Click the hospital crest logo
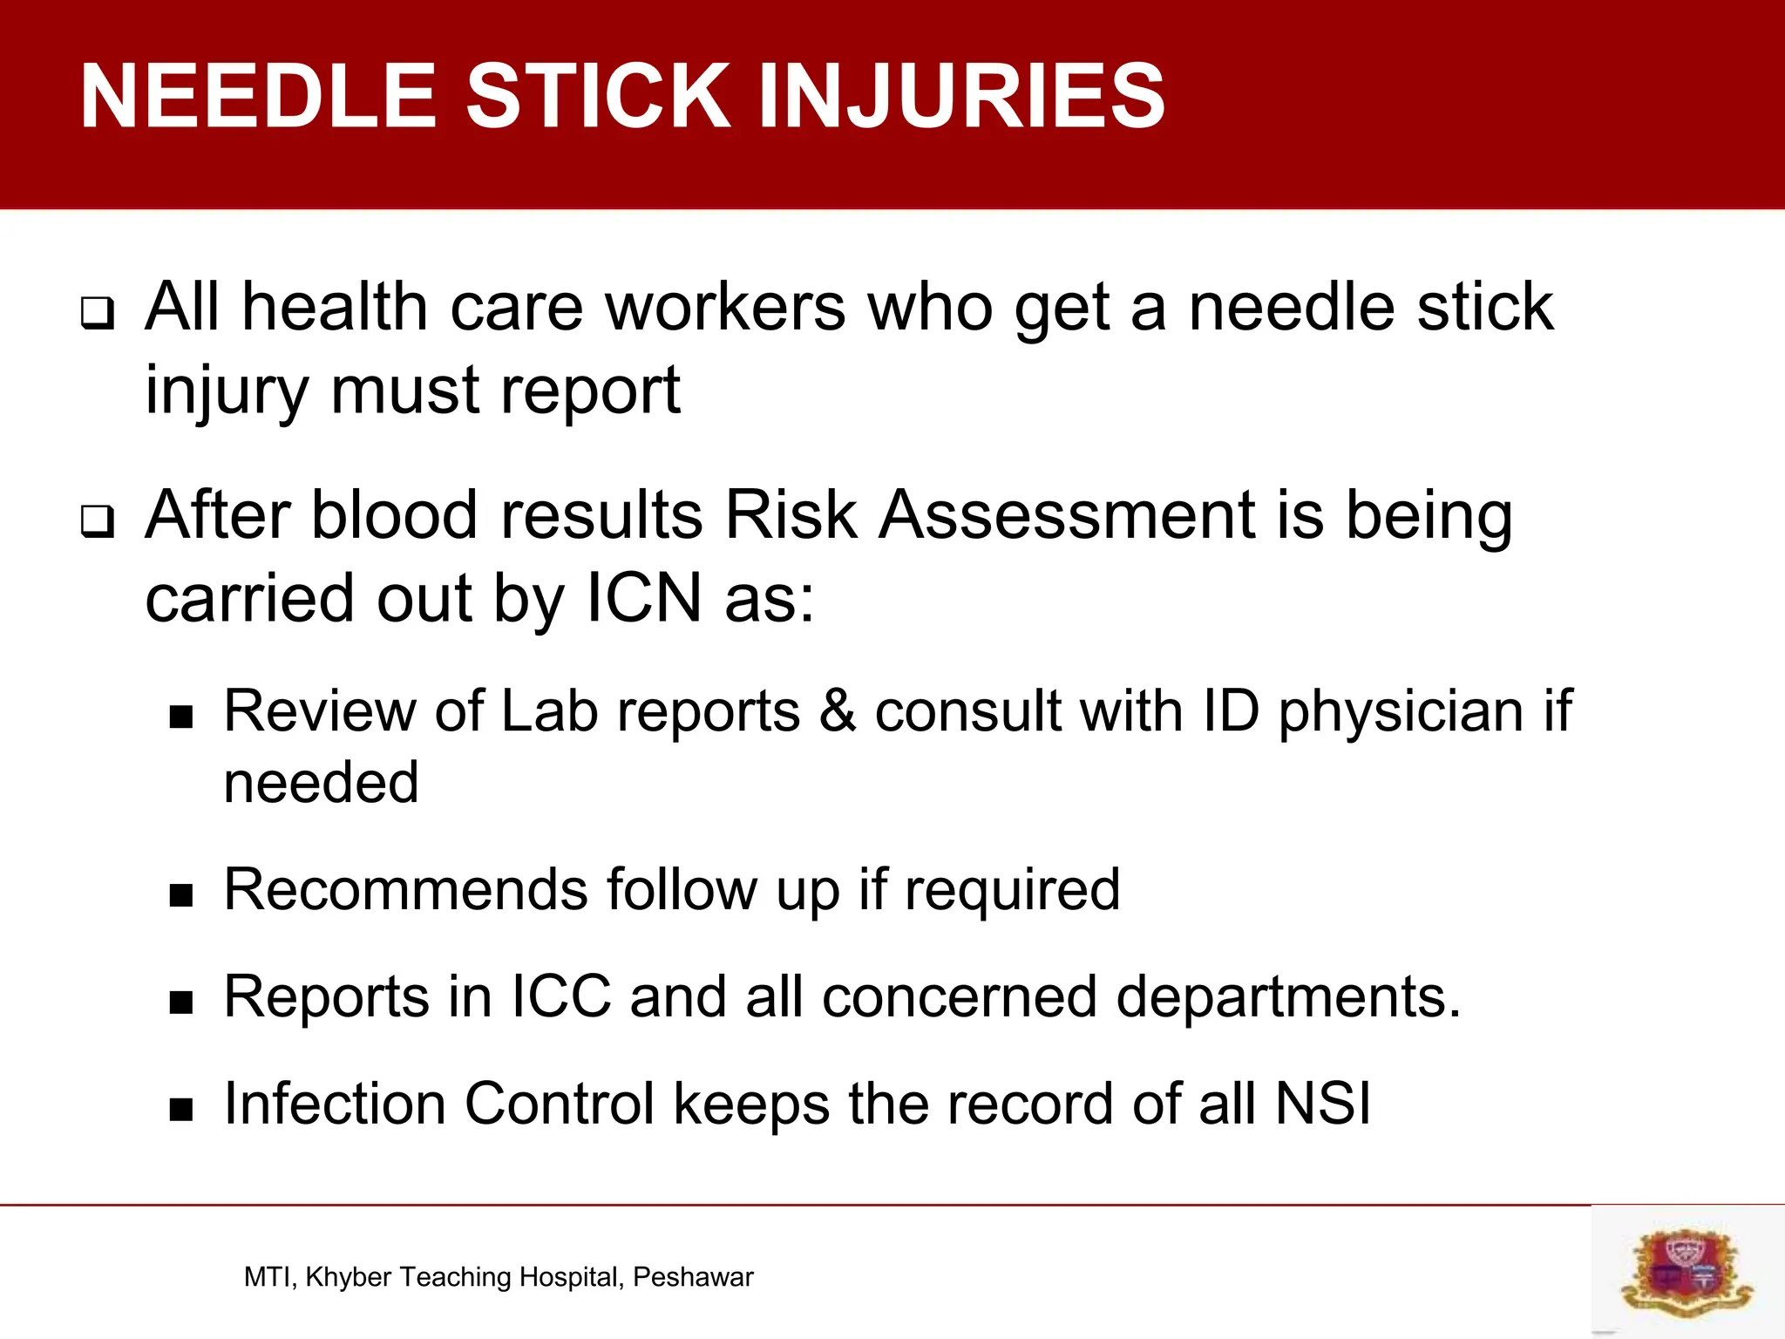[x=1687, y=1270]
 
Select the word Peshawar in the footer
[x=693, y=1277]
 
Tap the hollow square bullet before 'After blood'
[x=98, y=521]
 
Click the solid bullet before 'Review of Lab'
[x=181, y=717]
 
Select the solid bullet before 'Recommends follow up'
[x=181, y=895]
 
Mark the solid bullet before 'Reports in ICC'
[x=181, y=1003]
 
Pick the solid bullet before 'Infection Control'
[x=181, y=1110]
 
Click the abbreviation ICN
[x=644, y=598]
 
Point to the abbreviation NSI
[x=1323, y=1104]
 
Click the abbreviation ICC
[x=560, y=996]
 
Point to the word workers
[x=725, y=307]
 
